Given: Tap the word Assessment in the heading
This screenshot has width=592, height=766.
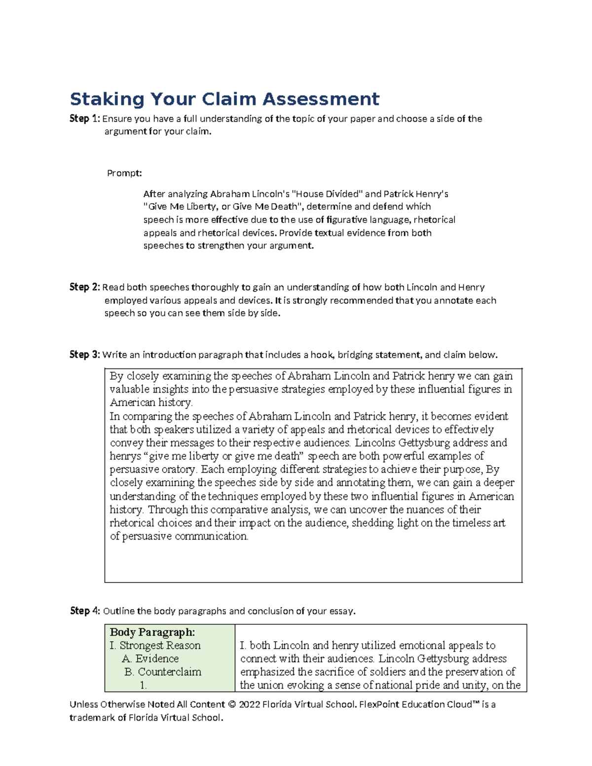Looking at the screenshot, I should click(x=321, y=99).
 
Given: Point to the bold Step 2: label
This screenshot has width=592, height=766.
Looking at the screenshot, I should click(x=85, y=288).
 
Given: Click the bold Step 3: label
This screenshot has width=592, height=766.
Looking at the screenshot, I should click(x=85, y=355).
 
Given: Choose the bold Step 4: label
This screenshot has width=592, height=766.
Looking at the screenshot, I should click(x=85, y=611).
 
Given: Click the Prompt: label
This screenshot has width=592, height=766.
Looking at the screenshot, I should click(x=124, y=173).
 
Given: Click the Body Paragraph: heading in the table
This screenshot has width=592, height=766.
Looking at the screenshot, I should click(x=152, y=632).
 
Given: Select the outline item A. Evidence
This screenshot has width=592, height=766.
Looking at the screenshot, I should click(x=150, y=658).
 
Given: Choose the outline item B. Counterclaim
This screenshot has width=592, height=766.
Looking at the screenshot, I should click(x=163, y=672).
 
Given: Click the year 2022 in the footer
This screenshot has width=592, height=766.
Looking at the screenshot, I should click(x=249, y=704).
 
